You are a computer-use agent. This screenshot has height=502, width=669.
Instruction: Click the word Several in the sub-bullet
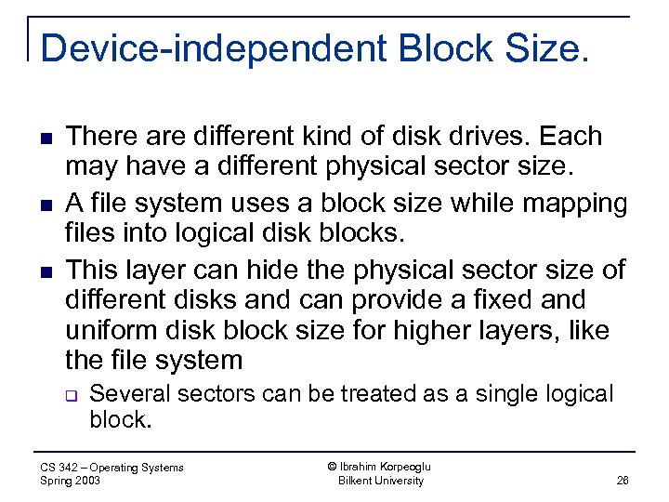[130, 394]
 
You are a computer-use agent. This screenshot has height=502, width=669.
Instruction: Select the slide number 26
[622, 481]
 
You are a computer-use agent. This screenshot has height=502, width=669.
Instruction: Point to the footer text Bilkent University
[381, 481]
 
